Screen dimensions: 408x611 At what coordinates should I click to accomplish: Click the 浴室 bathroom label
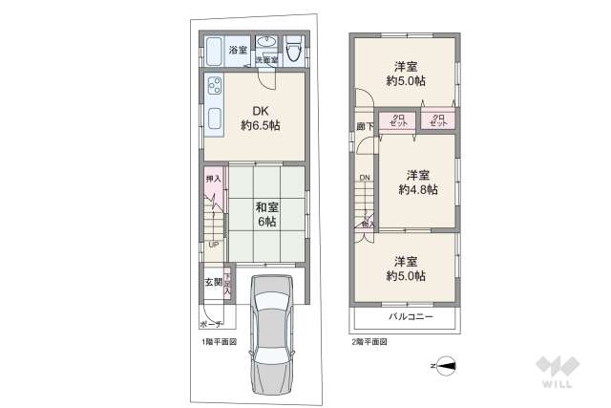237,49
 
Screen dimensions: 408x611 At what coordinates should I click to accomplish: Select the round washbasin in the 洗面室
267,43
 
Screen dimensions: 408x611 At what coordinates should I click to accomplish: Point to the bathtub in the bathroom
214,51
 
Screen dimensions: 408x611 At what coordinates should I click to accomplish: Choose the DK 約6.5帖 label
260,117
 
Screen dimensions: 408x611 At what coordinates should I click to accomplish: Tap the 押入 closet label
214,179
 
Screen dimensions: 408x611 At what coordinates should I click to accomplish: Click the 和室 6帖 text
265,213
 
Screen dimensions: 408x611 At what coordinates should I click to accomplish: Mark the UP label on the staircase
214,244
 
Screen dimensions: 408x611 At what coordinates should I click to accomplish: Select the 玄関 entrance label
212,282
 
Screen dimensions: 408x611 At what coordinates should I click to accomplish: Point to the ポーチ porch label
211,324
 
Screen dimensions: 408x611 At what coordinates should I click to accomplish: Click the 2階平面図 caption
369,341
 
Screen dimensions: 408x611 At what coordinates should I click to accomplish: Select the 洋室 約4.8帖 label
417,182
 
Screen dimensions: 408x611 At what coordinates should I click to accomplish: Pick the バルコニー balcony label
411,315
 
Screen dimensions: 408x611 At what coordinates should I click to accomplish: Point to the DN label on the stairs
364,178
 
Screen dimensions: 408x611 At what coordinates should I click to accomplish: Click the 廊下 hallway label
366,125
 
